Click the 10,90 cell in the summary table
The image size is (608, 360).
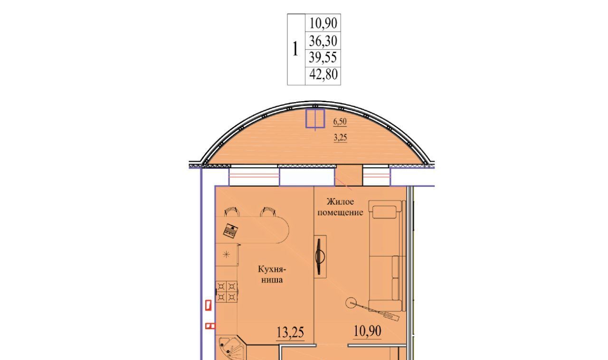(x=323, y=23)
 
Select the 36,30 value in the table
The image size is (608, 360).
(x=323, y=41)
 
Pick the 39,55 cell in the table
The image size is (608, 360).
(x=323, y=57)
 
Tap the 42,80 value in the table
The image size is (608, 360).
(x=323, y=74)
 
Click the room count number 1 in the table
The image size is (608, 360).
(x=295, y=49)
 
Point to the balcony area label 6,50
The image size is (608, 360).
(x=340, y=122)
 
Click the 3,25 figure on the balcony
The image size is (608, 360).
(x=340, y=138)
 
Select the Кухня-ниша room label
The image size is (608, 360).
(x=272, y=275)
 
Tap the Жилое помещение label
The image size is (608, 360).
(x=340, y=207)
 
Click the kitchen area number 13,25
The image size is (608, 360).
(x=290, y=332)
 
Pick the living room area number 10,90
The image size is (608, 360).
(x=368, y=331)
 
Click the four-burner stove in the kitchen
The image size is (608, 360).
(x=227, y=292)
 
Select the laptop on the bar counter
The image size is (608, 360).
(x=231, y=231)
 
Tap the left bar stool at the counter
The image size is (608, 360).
(x=232, y=212)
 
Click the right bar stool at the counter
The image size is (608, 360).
(x=268, y=212)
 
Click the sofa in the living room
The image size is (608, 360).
(x=386, y=256)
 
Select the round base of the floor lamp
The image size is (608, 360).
(x=351, y=303)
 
